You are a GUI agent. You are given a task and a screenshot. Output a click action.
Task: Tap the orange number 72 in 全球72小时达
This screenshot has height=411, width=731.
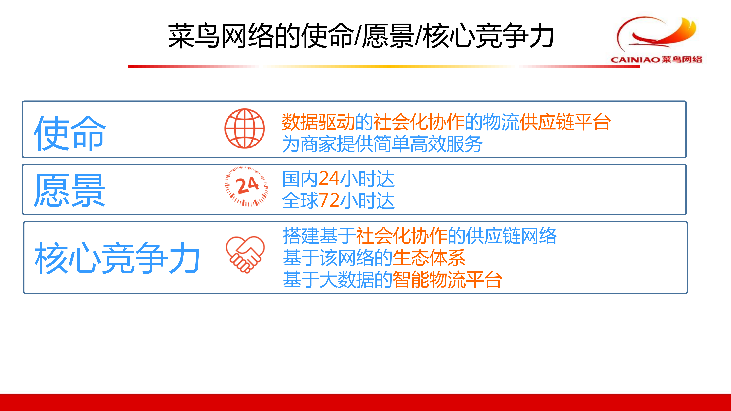coord(329,200)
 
